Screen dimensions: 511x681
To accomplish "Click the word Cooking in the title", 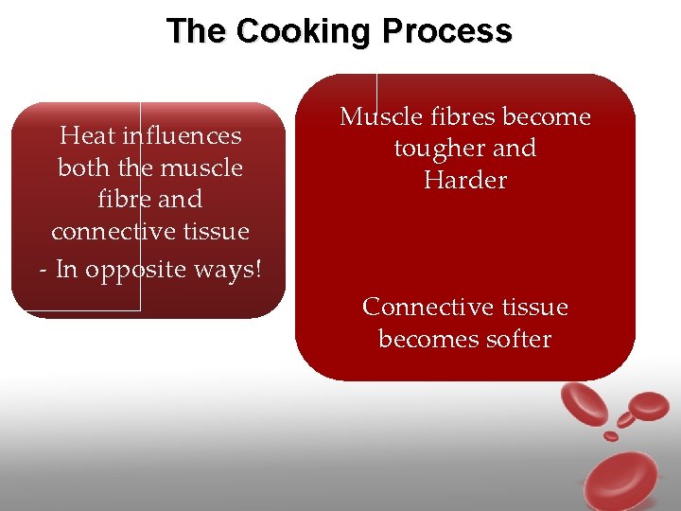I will pyautogui.click(x=304, y=31).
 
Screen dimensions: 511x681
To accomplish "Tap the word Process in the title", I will pyautogui.click(x=446, y=31).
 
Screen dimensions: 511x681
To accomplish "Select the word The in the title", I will pyautogui.click(x=197, y=31).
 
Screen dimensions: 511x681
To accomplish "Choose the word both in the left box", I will pyautogui.click(x=81, y=167).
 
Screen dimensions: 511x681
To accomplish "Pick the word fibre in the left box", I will pyautogui.click(x=121, y=199).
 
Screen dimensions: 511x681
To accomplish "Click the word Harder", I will pyautogui.click(x=465, y=180).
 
